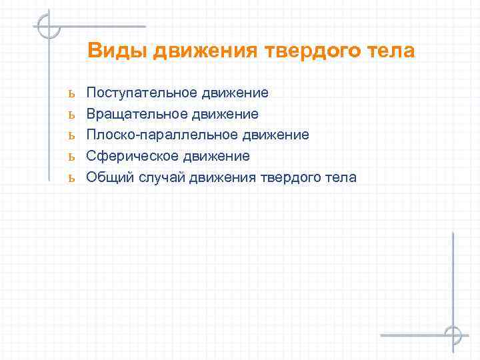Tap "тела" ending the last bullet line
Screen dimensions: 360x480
click(341, 177)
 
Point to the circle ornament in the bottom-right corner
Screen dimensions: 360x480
click(453, 334)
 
